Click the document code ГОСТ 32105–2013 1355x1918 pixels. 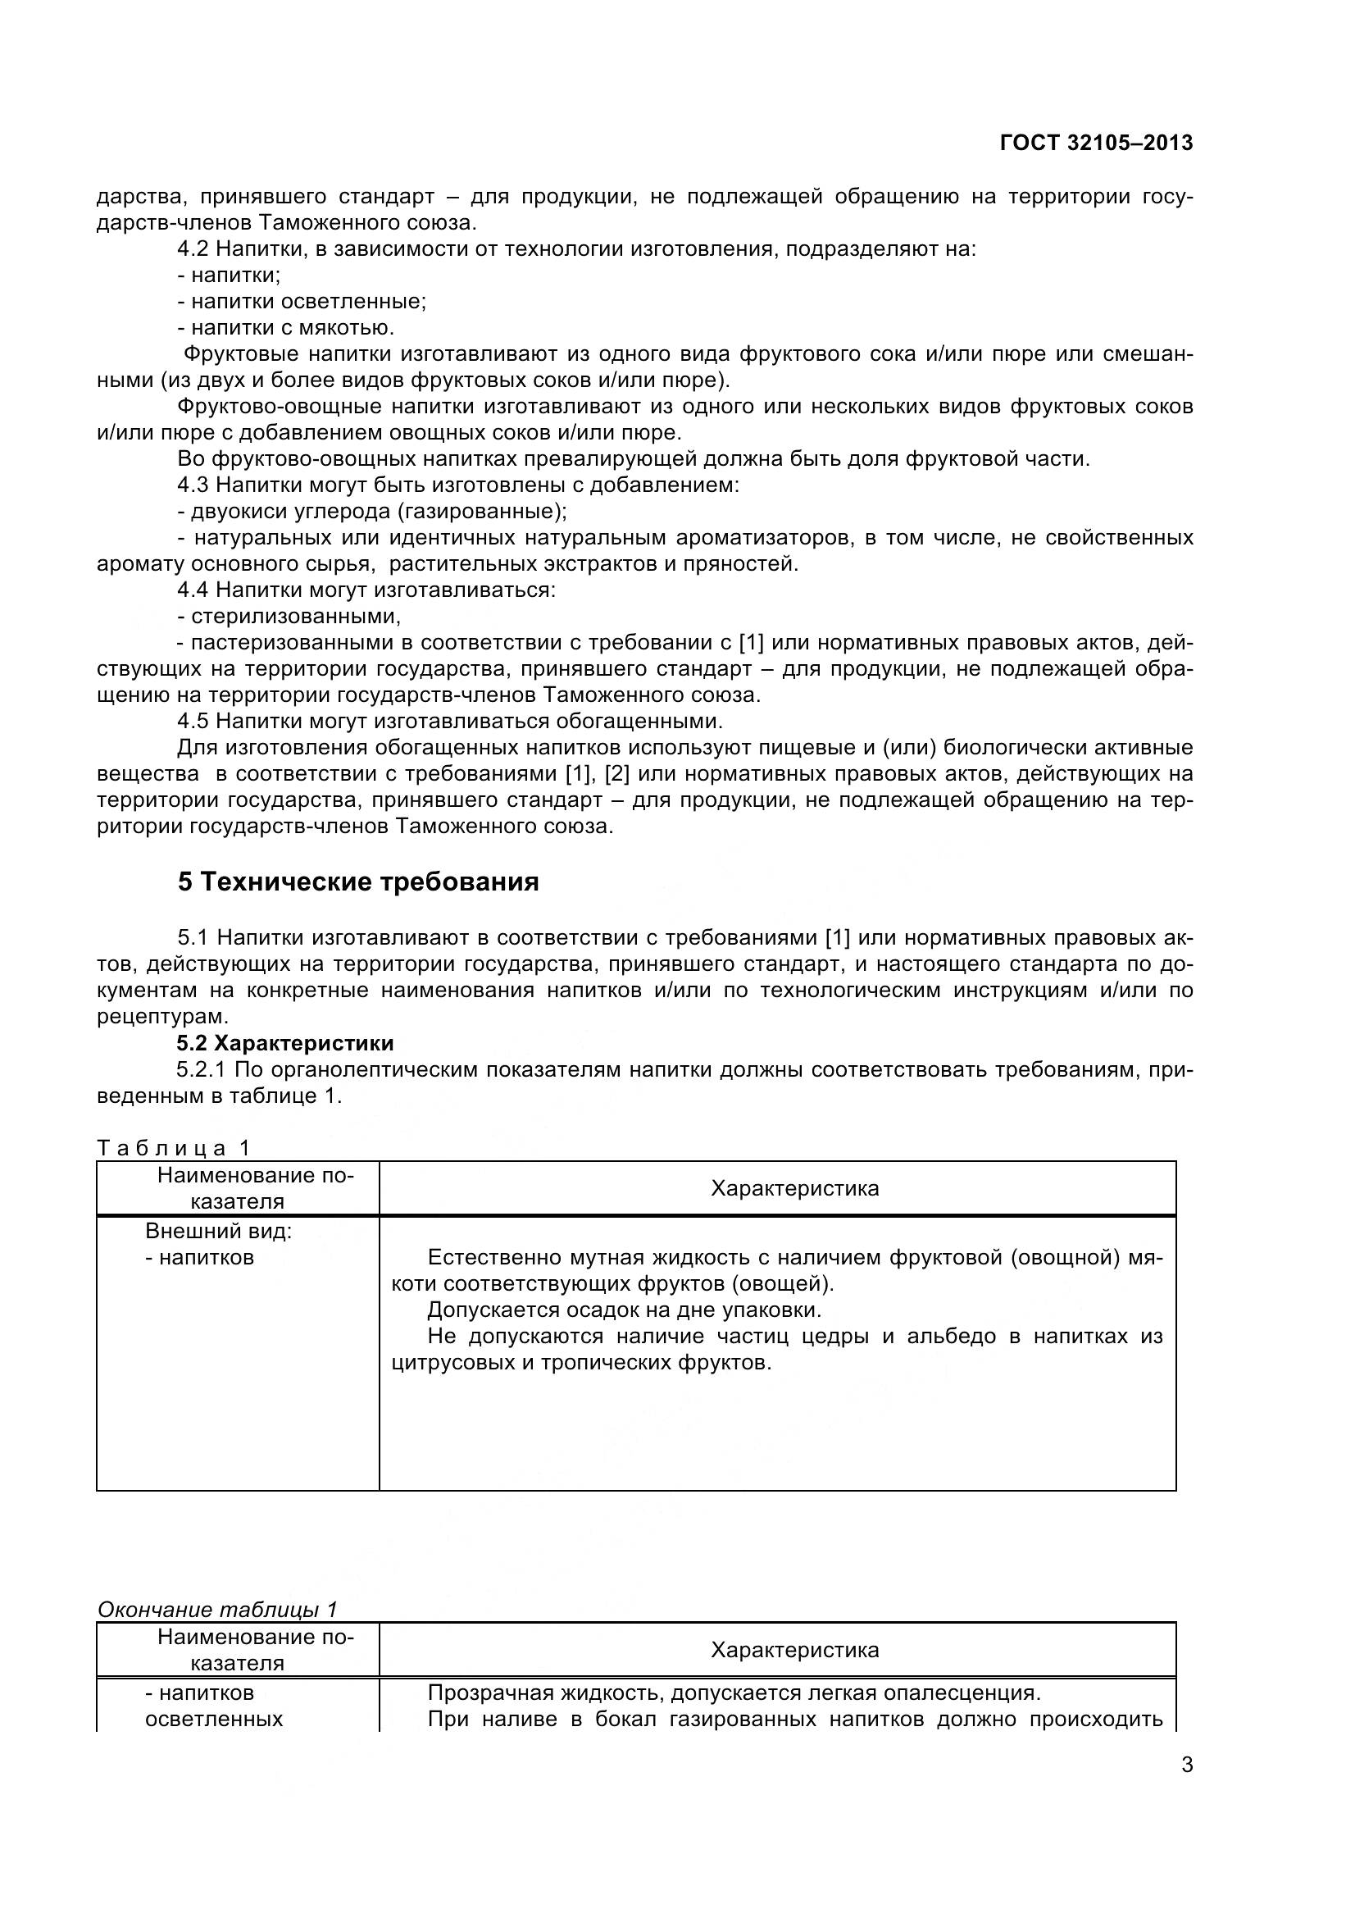click(x=1095, y=143)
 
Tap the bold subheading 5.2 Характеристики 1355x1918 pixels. click(x=284, y=1042)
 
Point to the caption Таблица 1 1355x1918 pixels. click(x=174, y=1148)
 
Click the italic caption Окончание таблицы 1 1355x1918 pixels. click(x=217, y=1609)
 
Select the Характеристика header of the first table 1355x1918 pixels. click(x=794, y=1188)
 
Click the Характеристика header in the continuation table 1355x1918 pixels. click(x=794, y=1650)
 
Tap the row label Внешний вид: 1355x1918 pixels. click(x=219, y=1231)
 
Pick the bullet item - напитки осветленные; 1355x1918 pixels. click(x=302, y=302)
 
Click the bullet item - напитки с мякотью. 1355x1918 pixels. click(x=285, y=327)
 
